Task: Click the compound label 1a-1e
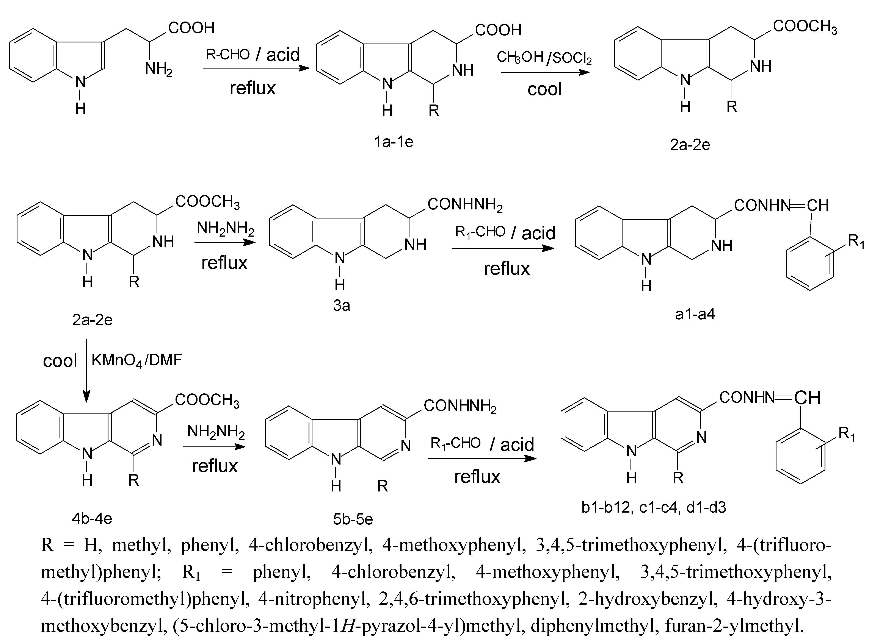pyautogui.click(x=393, y=142)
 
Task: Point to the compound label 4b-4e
pyautogui.click(x=92, y=518)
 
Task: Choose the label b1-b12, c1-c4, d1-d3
pyautogui.click(x=653, y=507)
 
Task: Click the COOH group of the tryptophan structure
pyautogui.click(x=191, y=28)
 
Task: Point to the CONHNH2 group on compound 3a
pyautogui.click(x=465, y=204)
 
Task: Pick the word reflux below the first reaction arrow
pyautogui.click(x=252, y=88)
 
